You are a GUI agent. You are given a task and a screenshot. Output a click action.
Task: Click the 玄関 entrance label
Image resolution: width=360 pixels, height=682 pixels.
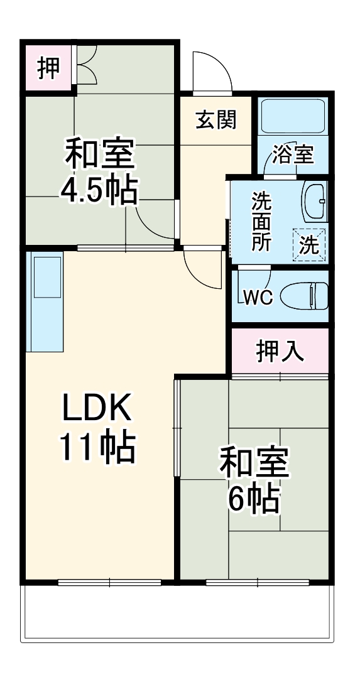click(215, 119)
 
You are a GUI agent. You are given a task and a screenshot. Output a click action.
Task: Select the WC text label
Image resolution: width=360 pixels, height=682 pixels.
click(258, 298)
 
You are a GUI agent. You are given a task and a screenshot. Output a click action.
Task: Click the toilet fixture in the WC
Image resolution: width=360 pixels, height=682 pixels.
click(303, 295)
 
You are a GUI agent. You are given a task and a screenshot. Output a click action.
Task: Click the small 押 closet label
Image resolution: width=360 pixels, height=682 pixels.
click(48, 68)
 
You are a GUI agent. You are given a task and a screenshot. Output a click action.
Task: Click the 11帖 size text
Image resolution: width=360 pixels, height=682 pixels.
click(97, 447)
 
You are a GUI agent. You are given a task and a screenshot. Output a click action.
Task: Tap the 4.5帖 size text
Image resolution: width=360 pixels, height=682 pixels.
click(98, 190)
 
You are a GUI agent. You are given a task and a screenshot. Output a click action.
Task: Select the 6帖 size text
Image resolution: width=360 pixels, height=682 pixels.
click(253, 499)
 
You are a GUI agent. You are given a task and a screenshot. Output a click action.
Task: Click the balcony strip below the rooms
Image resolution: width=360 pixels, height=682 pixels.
click(178, 613)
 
